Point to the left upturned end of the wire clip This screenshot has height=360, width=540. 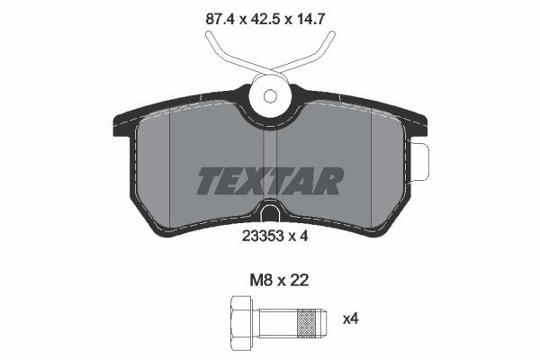(x=210, y=37)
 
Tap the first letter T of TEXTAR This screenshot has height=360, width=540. (x=210, y=181)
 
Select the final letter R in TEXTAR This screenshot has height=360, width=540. (x=330, y=181)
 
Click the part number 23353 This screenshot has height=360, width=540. (x=262, y=237)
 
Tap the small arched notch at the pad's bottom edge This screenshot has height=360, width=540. (x=270, y=213)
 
